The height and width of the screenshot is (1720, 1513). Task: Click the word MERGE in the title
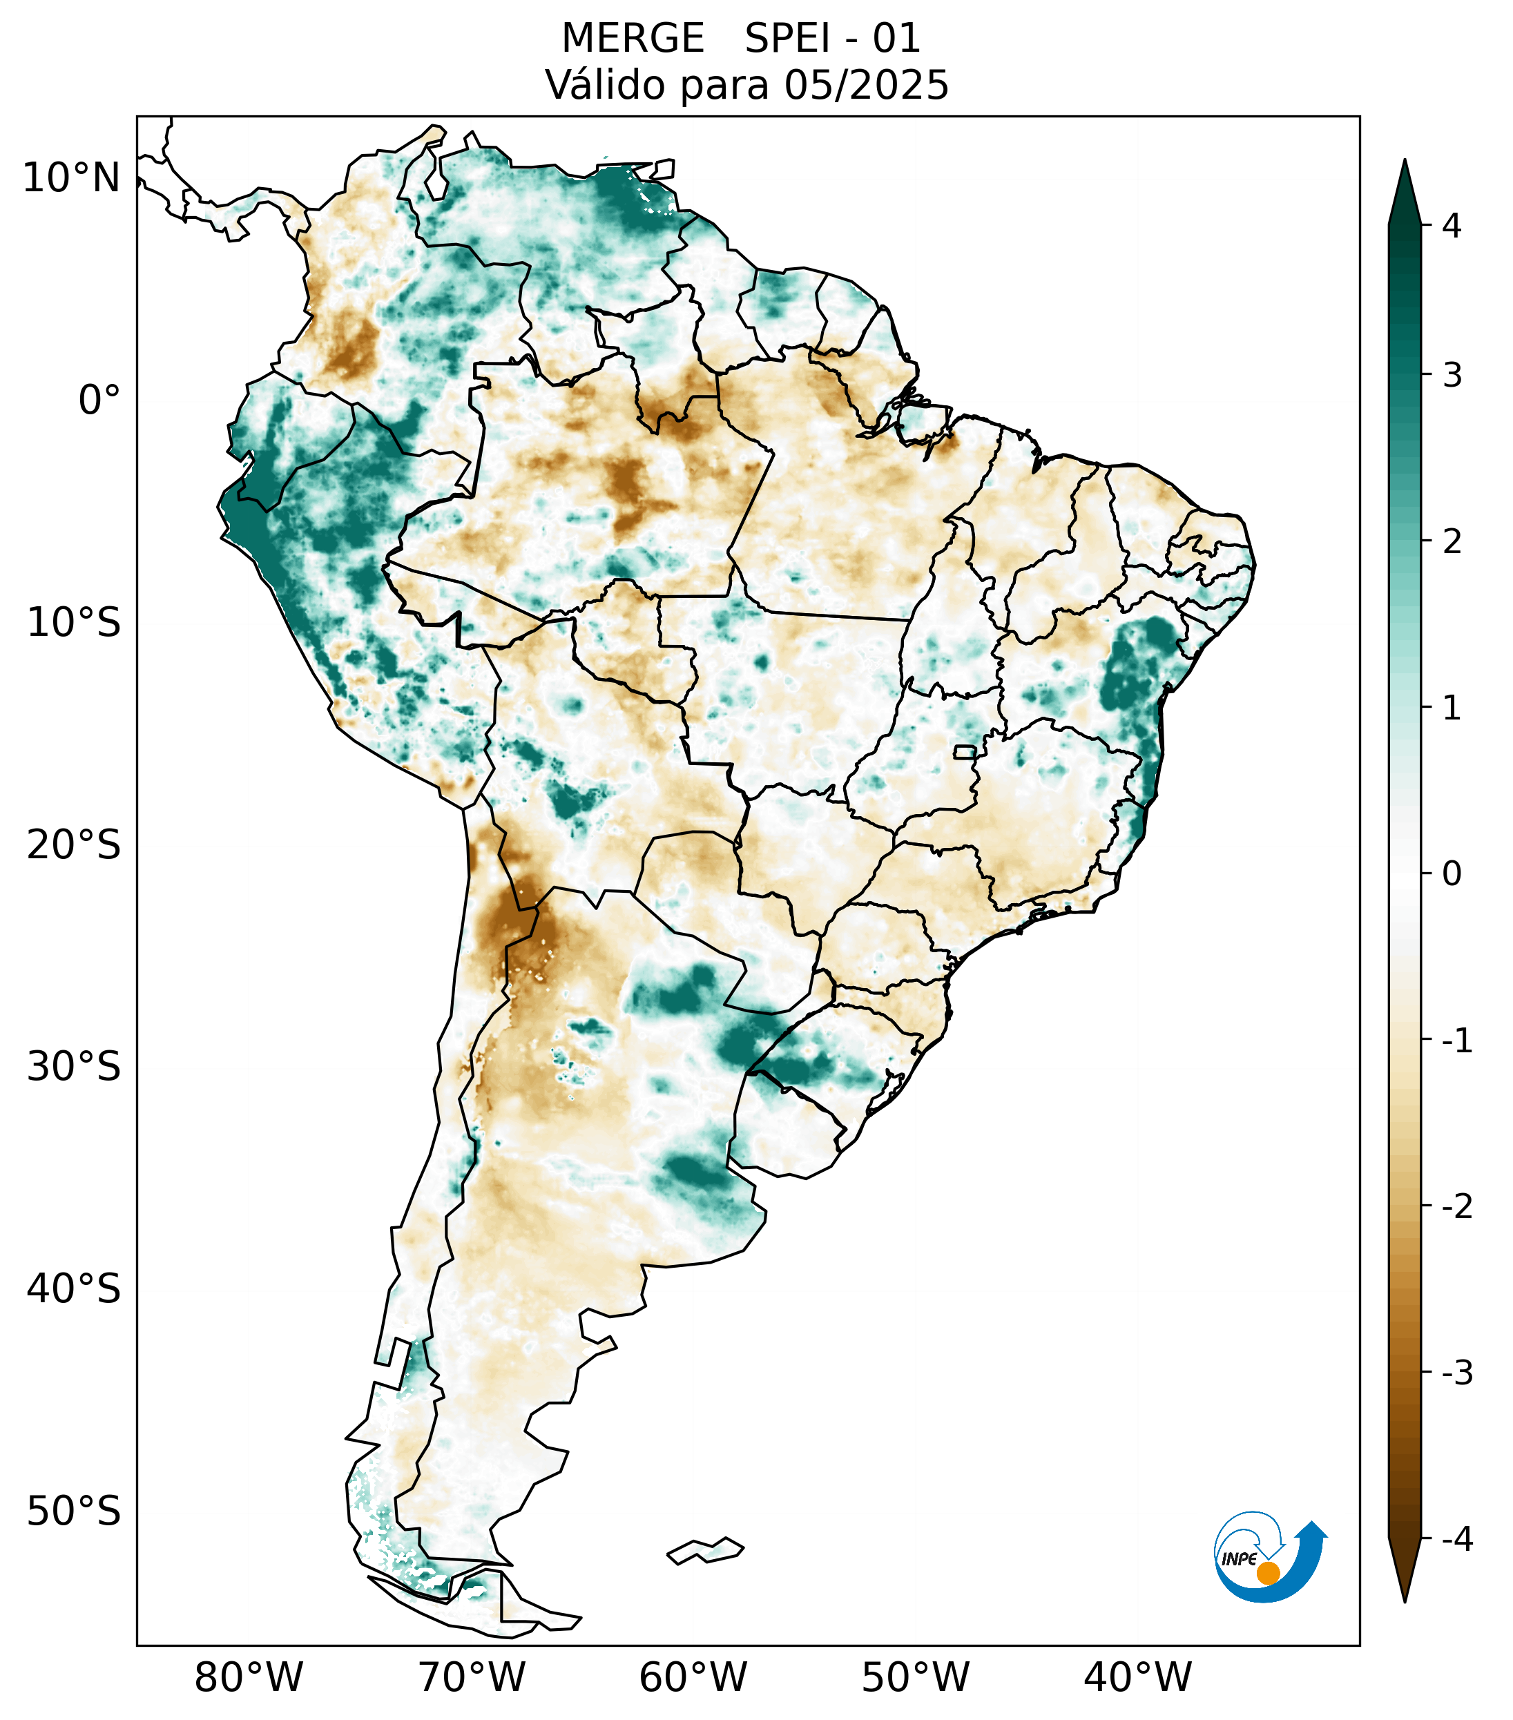(x=632, y=39)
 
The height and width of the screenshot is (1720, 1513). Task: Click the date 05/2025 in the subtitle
(x=866, y=85)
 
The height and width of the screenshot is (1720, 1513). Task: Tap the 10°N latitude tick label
(x=70, y=178)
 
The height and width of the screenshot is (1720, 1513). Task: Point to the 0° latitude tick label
(x=99, y=400)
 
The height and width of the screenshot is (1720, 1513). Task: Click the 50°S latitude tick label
(x=74, y=1512)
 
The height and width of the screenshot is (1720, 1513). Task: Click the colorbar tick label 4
(x=1452, y=226)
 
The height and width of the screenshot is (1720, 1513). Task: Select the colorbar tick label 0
(x=1452, y=874)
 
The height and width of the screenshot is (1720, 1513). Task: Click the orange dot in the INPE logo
(x=1268, y=1573)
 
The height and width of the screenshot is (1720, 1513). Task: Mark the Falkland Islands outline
(x=705, y=1550)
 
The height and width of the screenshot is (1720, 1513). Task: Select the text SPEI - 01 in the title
(x=832, y=39)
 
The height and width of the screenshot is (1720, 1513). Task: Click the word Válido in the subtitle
(x=598, y=85)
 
